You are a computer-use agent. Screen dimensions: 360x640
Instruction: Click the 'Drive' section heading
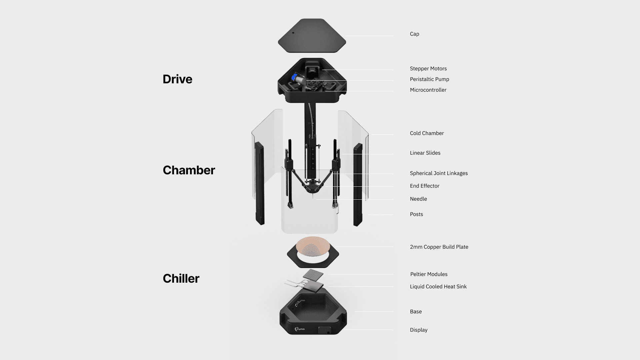177,79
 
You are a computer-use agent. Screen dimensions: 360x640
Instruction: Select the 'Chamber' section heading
189,170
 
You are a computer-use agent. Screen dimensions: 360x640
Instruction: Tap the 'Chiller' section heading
181,279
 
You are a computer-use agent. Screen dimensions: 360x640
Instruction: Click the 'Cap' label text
414,34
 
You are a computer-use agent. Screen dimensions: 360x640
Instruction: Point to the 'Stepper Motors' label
428,69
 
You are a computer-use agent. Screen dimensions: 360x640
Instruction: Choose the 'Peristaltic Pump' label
429,79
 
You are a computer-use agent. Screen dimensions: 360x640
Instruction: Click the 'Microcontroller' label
428,90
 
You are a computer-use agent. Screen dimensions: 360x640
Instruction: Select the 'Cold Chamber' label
427,133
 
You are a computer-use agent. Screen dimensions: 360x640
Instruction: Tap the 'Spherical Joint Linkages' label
439,173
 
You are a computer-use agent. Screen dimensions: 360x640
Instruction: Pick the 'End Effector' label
424,186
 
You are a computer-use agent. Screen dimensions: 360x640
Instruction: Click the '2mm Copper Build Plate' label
439,247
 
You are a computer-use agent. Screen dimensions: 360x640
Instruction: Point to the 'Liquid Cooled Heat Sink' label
438,287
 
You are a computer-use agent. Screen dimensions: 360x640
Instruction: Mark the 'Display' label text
418,330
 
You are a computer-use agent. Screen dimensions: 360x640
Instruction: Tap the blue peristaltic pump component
295,78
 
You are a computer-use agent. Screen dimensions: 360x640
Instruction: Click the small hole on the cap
293,33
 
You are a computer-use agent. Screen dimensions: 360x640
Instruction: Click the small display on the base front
323,330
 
